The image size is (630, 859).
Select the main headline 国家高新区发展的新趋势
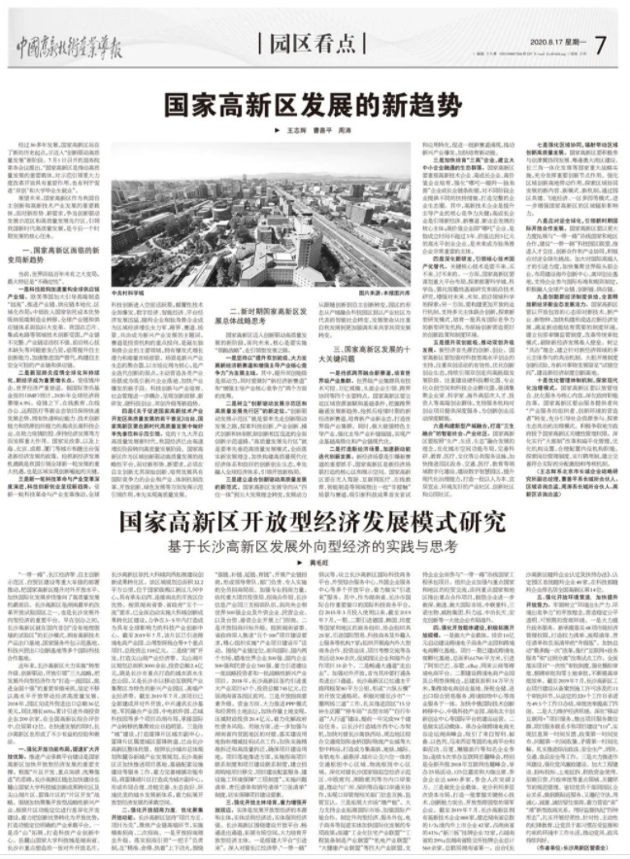click(x=315, y=100)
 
